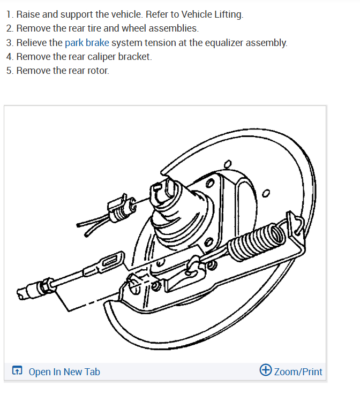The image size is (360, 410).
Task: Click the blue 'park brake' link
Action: coord(87,43)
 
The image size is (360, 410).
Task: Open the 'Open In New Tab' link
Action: coord(64,372)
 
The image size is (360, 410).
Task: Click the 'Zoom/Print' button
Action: coord(298,371)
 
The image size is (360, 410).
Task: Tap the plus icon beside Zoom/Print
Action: coord(265,370)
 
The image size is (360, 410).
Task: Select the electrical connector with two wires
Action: coord(121,207)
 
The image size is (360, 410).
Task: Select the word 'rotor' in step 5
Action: coord(96,71)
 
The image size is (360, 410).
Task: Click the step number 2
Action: coord(10,28)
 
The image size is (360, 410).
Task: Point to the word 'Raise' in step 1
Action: coord(28,14)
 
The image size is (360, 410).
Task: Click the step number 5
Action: coord(10,71)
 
